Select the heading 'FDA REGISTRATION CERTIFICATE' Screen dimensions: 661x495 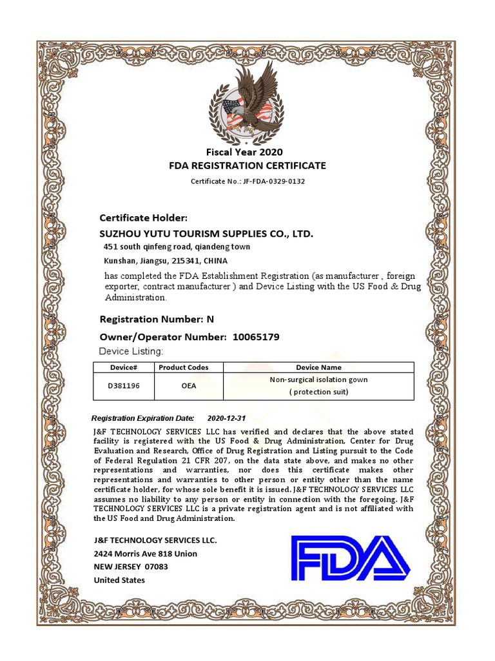[x=247, y=166]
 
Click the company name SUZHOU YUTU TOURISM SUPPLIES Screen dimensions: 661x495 [x=206, y=233]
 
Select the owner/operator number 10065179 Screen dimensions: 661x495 [x=256, y=337]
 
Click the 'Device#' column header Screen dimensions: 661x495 [x=124, y=367]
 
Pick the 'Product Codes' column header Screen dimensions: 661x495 [x=184, y=367]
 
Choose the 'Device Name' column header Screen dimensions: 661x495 [x=318, y=367]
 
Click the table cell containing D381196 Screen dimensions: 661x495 [x=124, y=385]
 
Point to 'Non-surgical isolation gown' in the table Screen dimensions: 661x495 [x=318, y=380]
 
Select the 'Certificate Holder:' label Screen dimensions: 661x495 [x=144, y=218]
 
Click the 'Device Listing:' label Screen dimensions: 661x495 [x=131, y=351]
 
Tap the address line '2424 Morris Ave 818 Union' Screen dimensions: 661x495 [x=146, y=554]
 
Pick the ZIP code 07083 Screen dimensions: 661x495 [x=156, y=567]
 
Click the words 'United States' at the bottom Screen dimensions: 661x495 [x=119, y=580]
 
